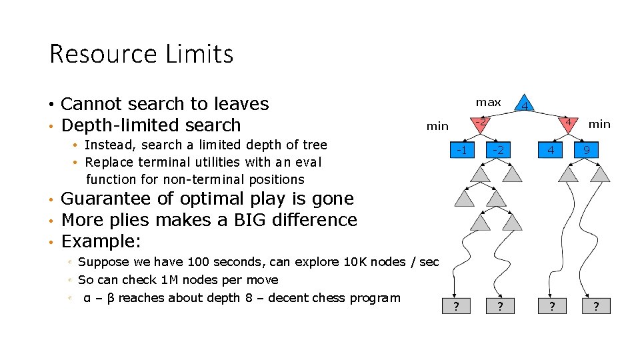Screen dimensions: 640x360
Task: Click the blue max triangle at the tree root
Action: click(x=525, y=105)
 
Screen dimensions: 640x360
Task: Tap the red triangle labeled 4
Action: click(x=567, y=123)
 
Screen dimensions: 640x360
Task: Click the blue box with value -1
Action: click(x=460, y=150)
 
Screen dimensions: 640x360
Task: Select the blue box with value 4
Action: click(x=550, y=150)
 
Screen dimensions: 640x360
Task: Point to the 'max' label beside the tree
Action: click(x=488, y=102)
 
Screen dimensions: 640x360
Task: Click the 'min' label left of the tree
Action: click(x=437, y=125)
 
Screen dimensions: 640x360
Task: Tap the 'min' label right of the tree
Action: click(x=599, y=123)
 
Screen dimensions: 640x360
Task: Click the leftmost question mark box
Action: click(x=456, y=306)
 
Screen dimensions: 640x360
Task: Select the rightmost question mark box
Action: click(x=596, y=306)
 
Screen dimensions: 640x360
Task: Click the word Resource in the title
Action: click(x=100, y=54)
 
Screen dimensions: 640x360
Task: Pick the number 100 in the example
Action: click(x=199, y=262)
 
